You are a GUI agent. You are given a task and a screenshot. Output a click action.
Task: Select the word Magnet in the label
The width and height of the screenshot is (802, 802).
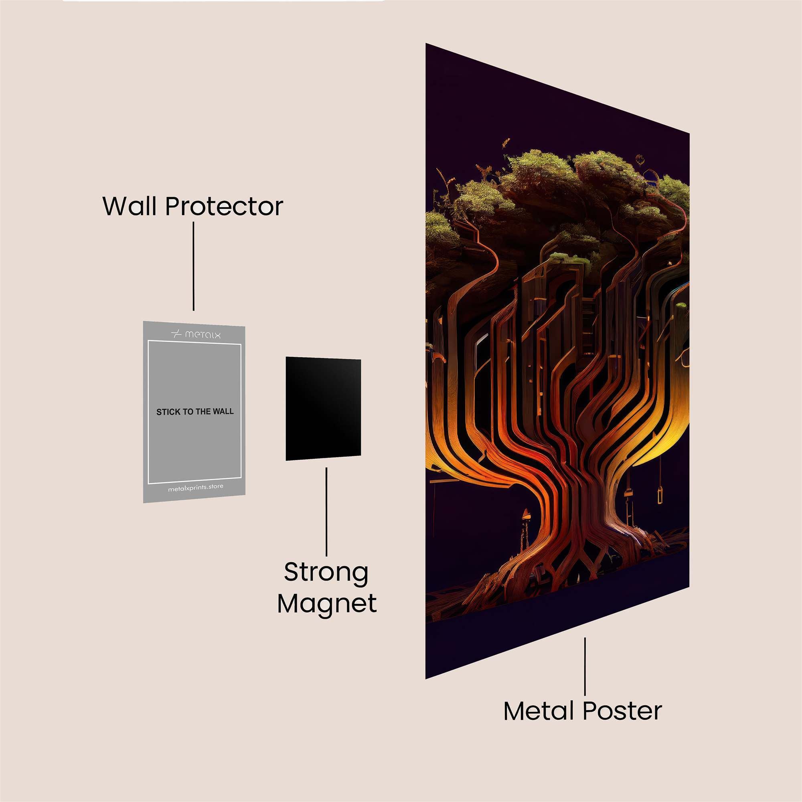coord(327,604)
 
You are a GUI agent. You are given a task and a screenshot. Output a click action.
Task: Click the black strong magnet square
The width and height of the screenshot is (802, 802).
coord(323,409)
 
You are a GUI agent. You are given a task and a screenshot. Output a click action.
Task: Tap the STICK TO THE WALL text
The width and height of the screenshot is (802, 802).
coord(195,412)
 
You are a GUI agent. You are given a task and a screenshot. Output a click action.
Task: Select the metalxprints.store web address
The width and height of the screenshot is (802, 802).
coord(196,488)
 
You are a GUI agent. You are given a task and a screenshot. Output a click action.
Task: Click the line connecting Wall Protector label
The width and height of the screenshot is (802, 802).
coord(193,266)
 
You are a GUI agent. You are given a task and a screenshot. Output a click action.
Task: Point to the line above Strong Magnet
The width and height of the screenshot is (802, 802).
coord(326,510)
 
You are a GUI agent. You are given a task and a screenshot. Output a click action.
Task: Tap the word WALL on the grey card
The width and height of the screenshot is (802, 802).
coord(224,411)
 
